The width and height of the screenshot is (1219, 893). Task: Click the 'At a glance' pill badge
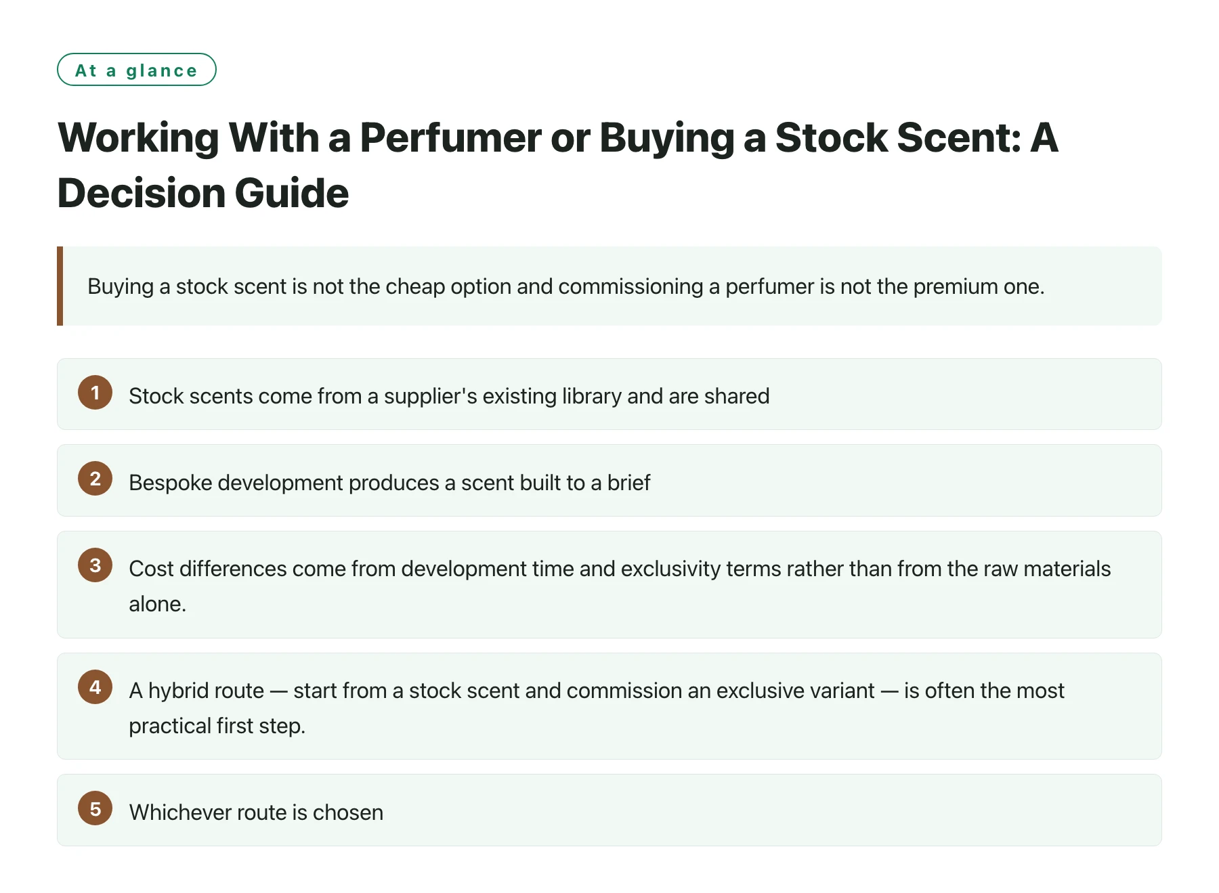(x=137, y=70)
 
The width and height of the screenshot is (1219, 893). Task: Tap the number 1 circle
(x=95, y=393)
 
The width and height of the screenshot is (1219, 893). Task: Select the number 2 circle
(x=95, y=479)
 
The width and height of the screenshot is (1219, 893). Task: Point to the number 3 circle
(x=95, y=565)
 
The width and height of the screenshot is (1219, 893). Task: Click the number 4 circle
(x=95, y=687)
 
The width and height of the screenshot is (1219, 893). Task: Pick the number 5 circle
(x=95, y=808)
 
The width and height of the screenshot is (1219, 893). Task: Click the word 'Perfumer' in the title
(x=450, y=138)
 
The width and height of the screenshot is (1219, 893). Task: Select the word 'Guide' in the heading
(x=293, y=193)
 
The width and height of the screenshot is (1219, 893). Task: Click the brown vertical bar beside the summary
(x=60, y=286)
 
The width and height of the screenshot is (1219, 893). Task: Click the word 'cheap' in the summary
(x=415, y=286)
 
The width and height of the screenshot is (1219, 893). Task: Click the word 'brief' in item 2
(x=628, y=483)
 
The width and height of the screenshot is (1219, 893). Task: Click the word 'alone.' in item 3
(x=158, y=604)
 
